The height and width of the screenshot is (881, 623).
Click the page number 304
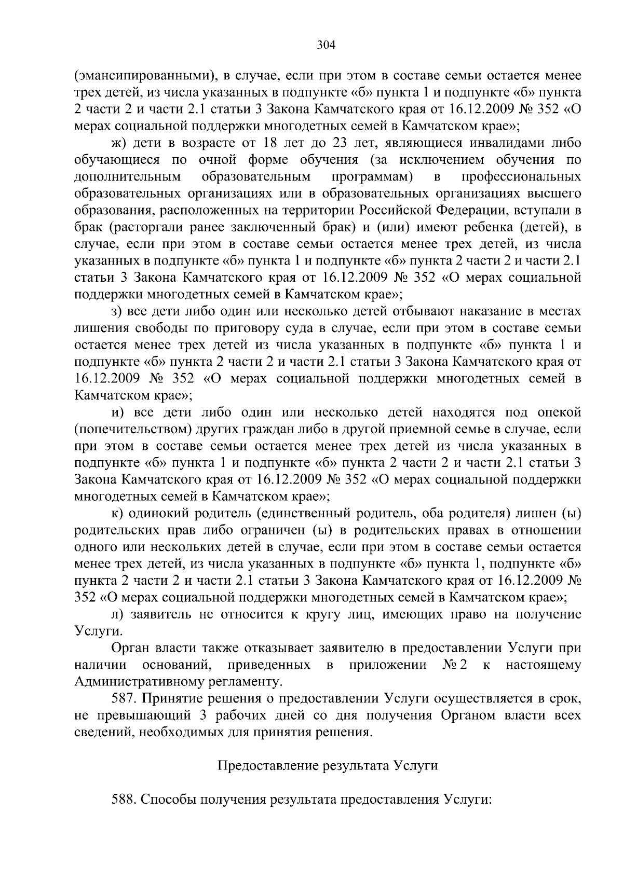coord(327,45)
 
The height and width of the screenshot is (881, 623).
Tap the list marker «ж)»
coord(119,143)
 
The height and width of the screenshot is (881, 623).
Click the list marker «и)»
coord(118,413)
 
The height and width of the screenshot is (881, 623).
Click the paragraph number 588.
coord(123,801)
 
